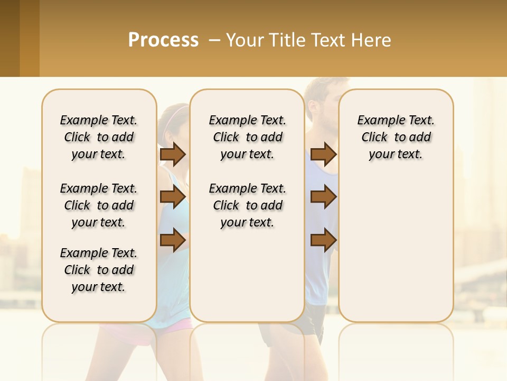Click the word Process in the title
coord(163,40)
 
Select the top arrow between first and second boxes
coord(173,155)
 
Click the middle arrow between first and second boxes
coord(173,197)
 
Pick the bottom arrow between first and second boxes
coord(173,240)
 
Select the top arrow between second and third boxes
coord(323,155)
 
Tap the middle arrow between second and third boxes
coord(323,197)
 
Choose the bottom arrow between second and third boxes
coord(323,240)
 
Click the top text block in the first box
coord(99,137)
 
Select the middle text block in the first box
coord(99,205)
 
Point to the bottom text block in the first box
coord(99,270)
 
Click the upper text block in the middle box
coord(247,137)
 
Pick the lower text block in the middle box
coord(247,205)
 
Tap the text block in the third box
coord(396,137)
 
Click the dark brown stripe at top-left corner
coord(10,38)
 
